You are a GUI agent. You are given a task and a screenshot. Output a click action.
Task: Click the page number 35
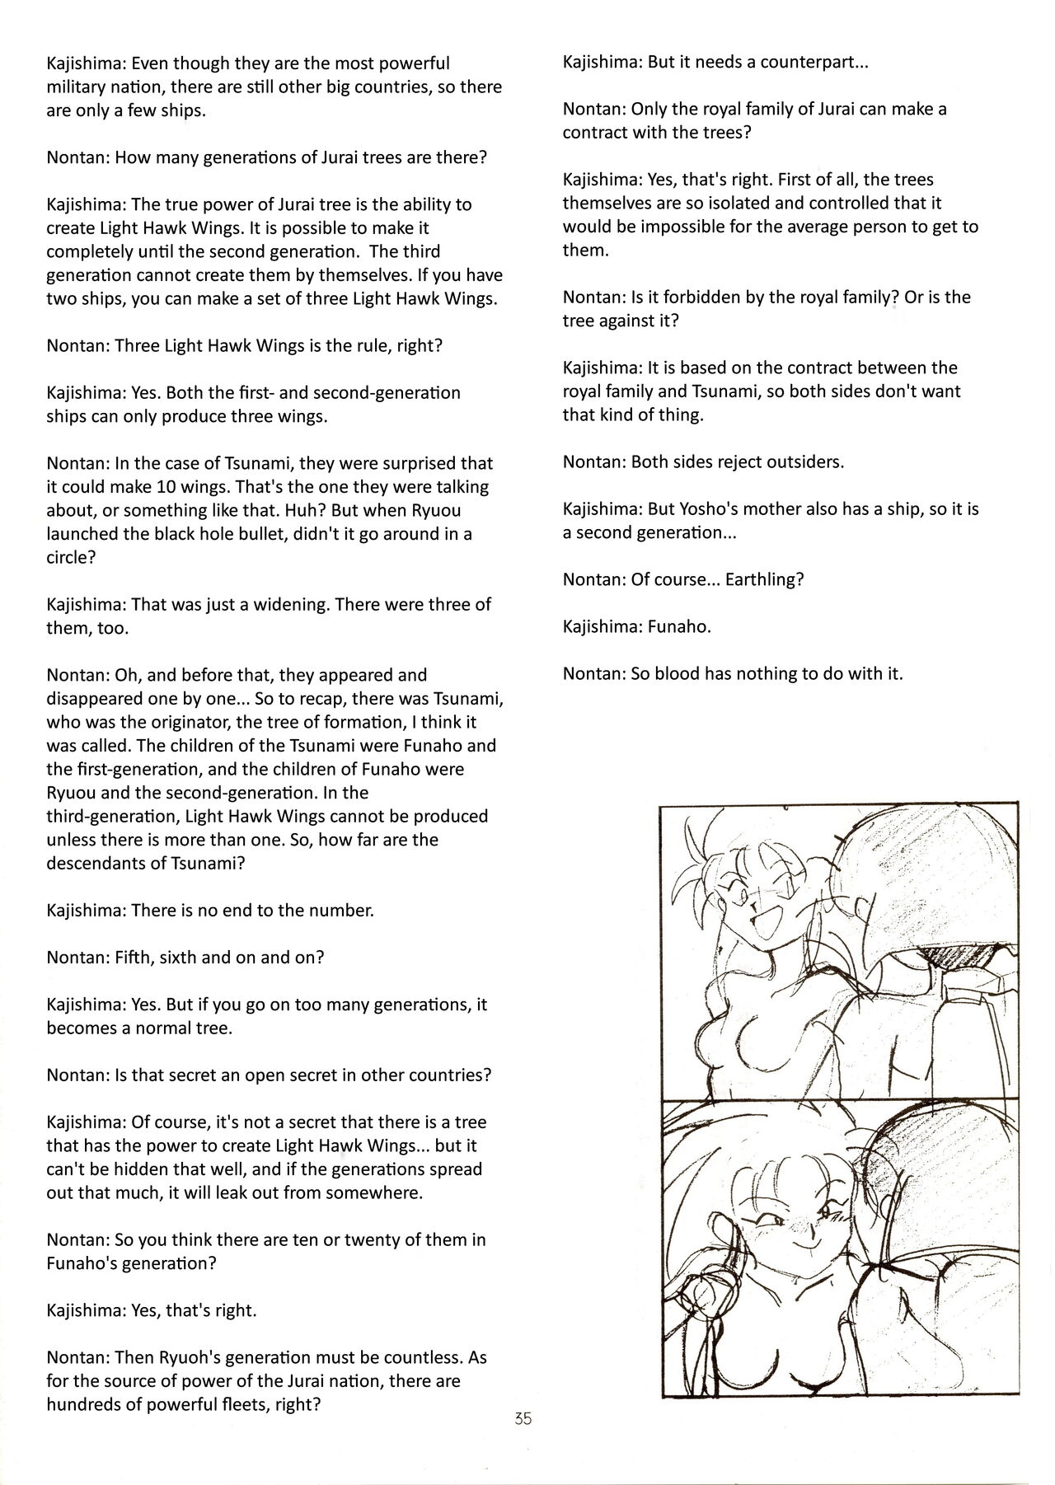(523, 1419)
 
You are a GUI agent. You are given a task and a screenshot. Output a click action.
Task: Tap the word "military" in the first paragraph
(78, 87)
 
